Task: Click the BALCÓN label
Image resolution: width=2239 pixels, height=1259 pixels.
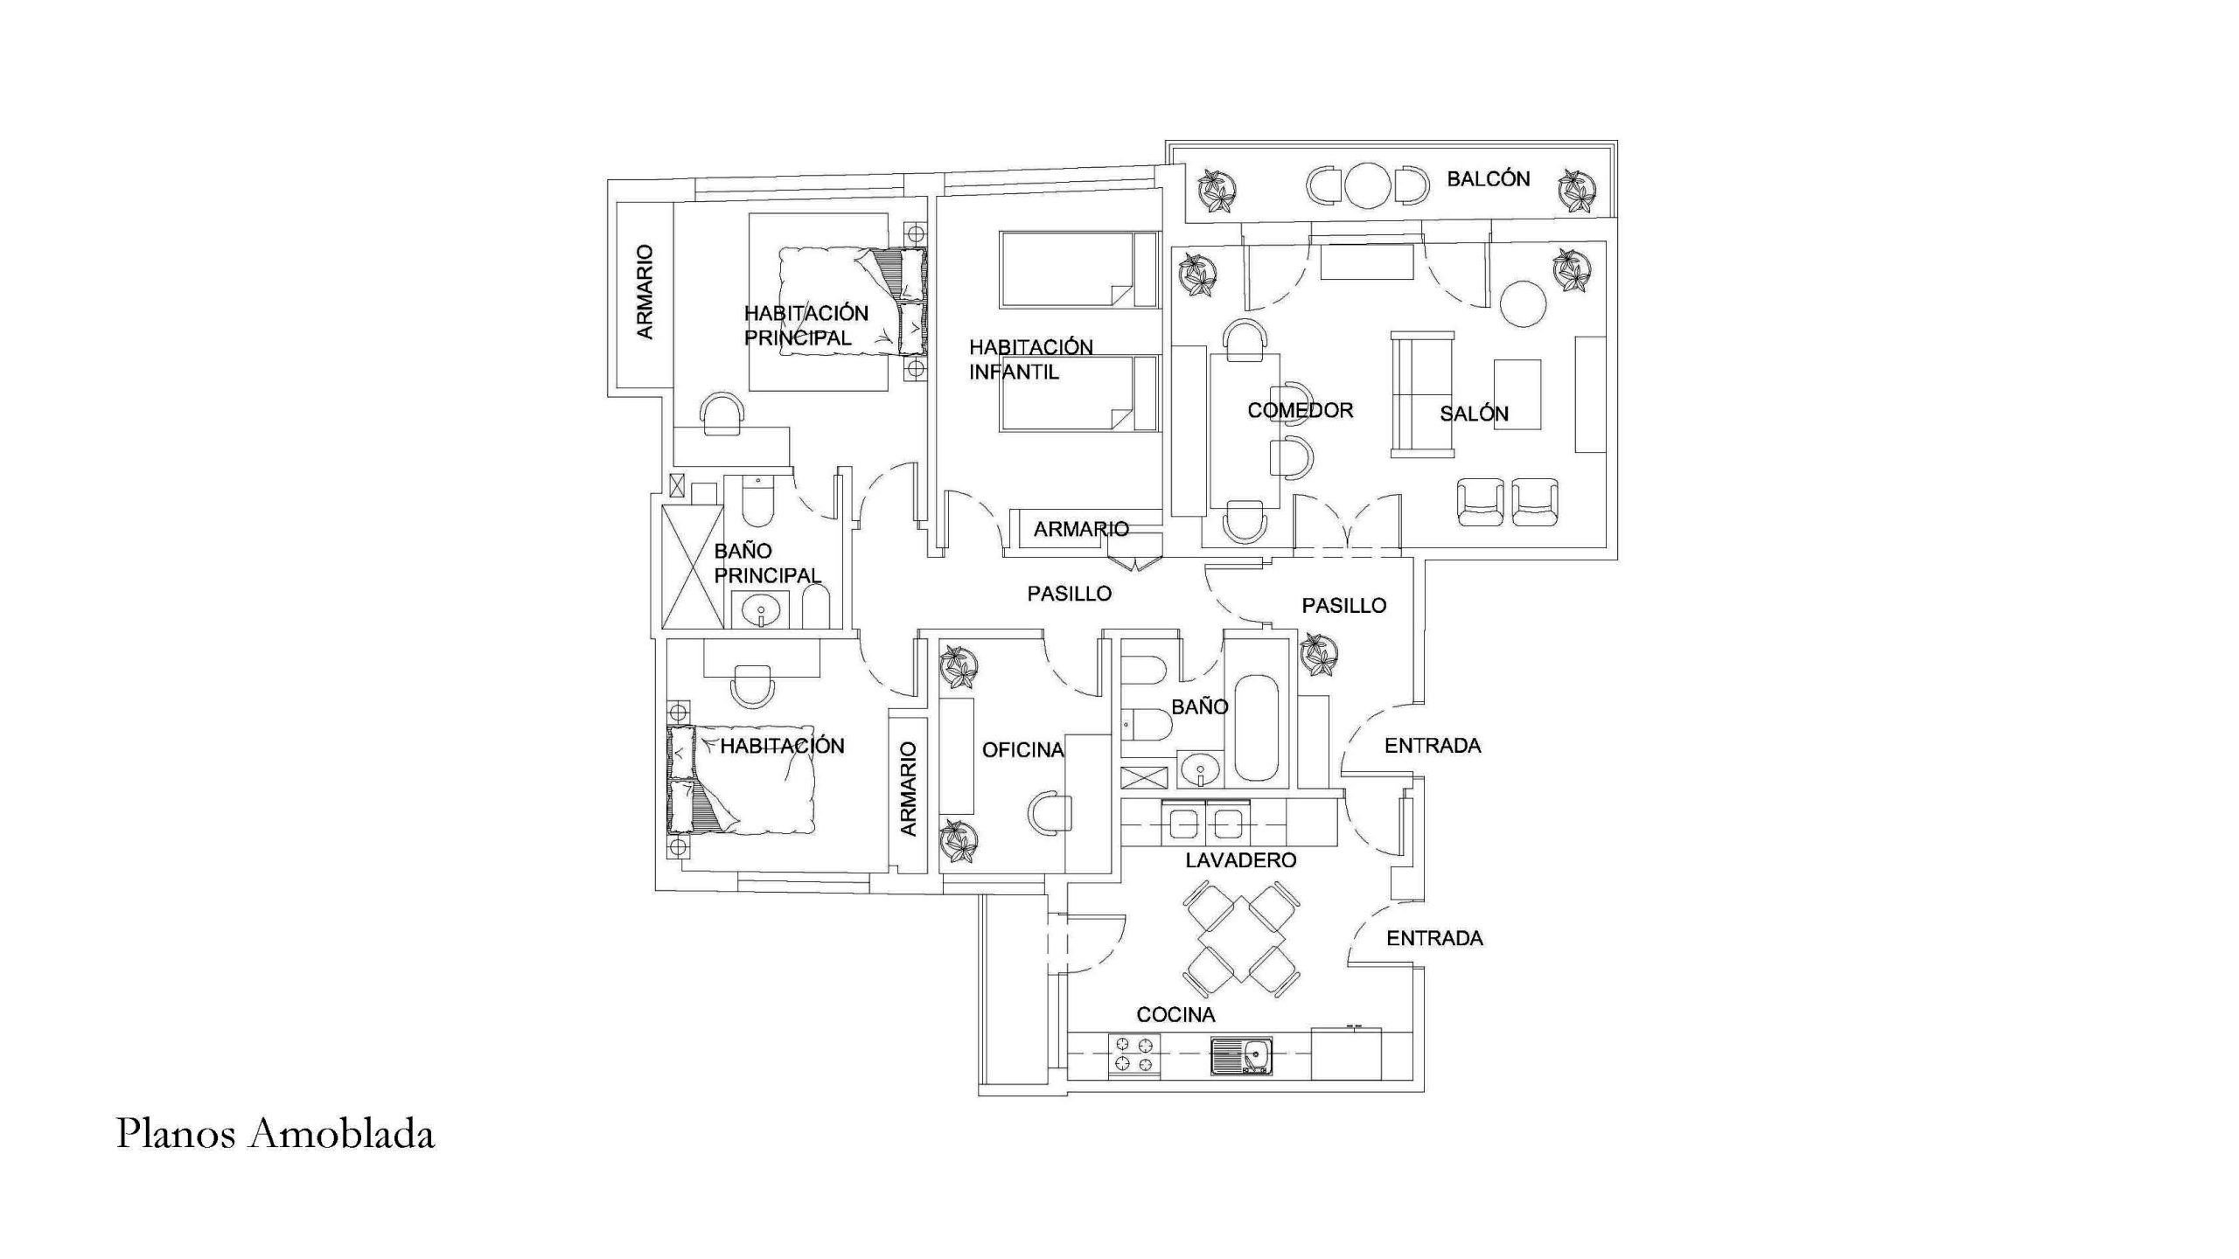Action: [x=1488, y=179]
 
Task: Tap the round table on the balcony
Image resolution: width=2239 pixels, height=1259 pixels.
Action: [x=1367, y=186]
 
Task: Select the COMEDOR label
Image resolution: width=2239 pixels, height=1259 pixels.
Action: [x=1300, y=410]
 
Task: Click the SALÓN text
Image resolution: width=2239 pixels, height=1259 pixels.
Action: [x=1474, y=414]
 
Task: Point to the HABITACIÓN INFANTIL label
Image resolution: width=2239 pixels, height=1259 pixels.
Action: [x=1030, y=359]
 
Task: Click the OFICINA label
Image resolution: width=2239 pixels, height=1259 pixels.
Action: [x=1022, y=750]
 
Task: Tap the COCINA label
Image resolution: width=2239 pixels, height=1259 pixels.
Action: [x=1175, y=1015]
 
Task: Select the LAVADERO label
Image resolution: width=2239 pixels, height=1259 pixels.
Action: [x=1240, y=860]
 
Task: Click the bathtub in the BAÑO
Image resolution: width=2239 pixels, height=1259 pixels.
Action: [x=1256, y=727]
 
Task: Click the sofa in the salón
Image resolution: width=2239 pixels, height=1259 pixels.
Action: [x=1423, y=394]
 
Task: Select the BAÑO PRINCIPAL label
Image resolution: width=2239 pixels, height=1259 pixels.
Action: [x=767, y=563]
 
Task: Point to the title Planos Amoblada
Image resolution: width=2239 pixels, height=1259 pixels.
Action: [x=276, y=1134]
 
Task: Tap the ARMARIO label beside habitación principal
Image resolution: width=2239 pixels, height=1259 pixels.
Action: [x=645, y=292]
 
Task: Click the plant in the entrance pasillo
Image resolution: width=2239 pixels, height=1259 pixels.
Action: [x=1319, y=655]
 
